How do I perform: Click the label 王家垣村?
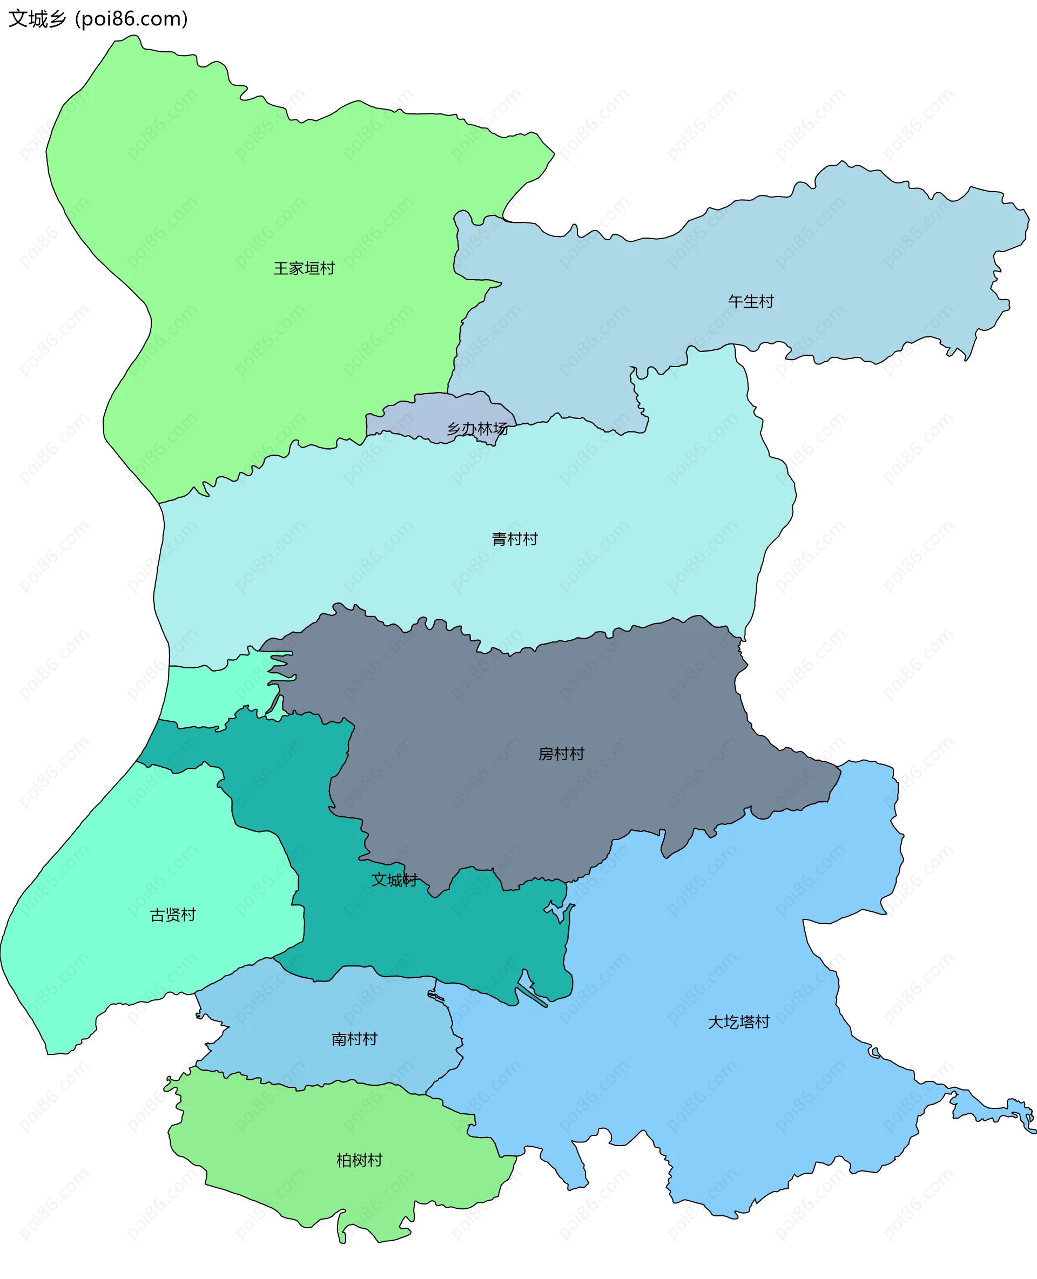coord(304,269)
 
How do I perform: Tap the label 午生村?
coord(750,302)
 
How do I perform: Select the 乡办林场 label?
coord(477,429)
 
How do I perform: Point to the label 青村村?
coord(514,539)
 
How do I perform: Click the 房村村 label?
coord(561,754)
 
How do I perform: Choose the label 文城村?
coord(394,880)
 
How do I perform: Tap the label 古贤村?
coord(173,915)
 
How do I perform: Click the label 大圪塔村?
coord(738,1022)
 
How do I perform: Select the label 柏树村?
coord(359,1161)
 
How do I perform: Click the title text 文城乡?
coord(37,19)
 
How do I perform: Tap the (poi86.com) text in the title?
coord(131,19)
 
